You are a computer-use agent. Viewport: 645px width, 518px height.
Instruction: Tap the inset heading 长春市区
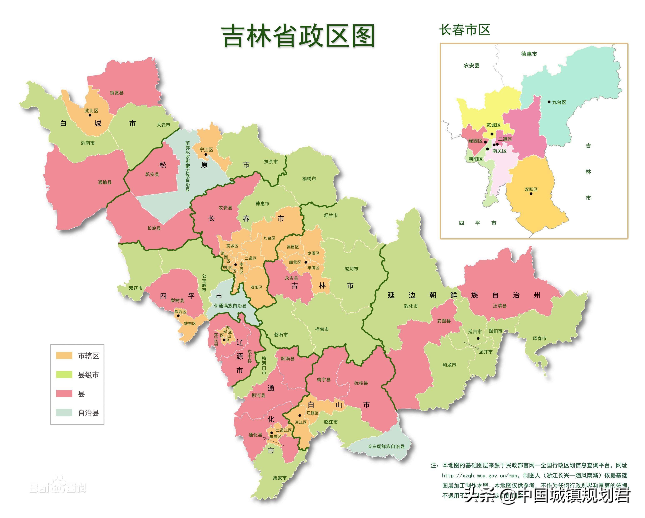[x=465, y=30]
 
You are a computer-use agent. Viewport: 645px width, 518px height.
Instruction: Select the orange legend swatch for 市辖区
[x=64, y=355]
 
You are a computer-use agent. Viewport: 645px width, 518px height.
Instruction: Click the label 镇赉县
[x=116, y=93]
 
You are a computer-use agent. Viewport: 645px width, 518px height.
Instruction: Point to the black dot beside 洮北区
[x=90, y=115]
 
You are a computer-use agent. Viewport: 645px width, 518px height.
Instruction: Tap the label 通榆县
[x=105, y=182]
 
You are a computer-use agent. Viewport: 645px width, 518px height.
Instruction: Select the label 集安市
[x=279, y=478]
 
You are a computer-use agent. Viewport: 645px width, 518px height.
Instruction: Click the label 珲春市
[x=539, y=338]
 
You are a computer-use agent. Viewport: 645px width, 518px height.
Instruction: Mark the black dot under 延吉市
[x=478, y=338]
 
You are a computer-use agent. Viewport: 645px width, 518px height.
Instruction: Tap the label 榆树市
[x=309, y=179]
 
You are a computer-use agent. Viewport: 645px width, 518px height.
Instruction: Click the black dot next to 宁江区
[x=206, y=155]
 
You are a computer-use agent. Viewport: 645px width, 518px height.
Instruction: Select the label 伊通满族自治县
[x=230, y=306]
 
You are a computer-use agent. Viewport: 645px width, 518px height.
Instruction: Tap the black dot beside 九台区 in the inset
[x=549, y=102]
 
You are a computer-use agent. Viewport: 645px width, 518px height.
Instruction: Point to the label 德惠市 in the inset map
[x=529, y=54]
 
